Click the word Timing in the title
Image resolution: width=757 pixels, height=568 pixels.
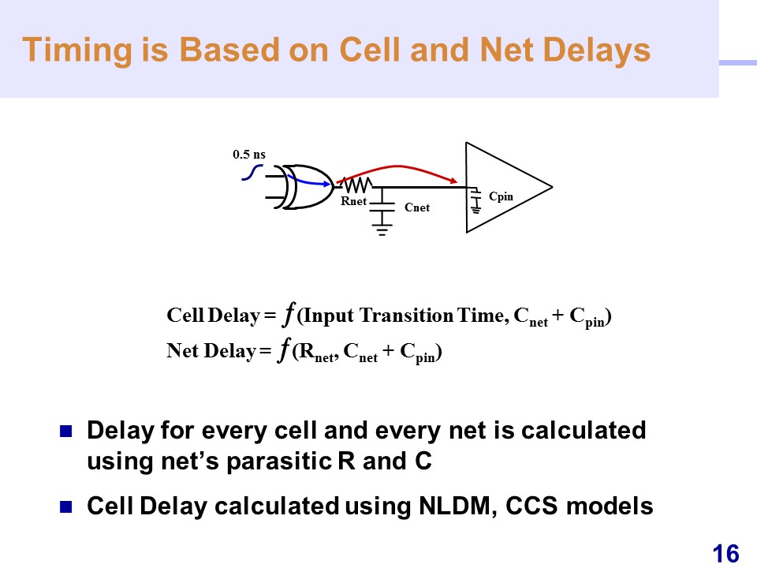pos(77,50)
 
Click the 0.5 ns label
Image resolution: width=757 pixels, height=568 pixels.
pos(249,155)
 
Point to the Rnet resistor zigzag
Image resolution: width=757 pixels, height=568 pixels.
pos(356,184)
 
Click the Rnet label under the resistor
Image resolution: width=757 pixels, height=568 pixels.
pos(354,201)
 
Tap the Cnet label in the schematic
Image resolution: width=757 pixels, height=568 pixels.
pos(417,207)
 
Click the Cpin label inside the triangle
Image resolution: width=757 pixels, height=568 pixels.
pos(502,196)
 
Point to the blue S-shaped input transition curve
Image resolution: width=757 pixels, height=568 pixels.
pos(252,173)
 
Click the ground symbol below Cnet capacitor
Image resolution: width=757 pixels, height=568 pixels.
pos(382,229)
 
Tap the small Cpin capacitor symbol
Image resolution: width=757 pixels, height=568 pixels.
pos(476,200)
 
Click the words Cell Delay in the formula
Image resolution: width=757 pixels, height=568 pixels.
pos(214,316)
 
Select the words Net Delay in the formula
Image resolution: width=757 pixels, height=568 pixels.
pos(211,351)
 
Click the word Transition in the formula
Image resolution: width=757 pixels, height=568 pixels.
pos(406,316)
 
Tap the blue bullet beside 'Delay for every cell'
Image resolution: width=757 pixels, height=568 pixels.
pos(65,431)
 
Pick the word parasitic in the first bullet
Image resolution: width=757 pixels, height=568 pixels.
pos(278,461)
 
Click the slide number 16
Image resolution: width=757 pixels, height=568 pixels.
pos(725,554)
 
